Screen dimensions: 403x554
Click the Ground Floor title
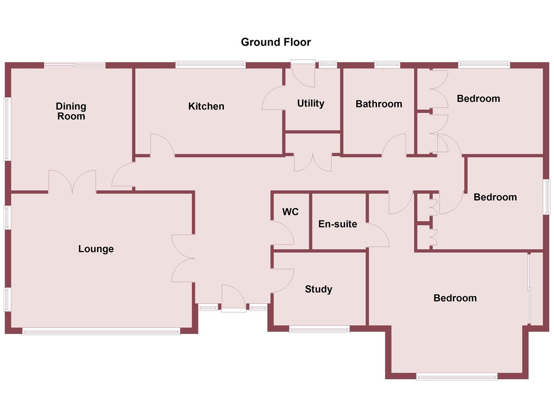coord(276,42)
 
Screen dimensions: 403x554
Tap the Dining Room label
coord(71,111)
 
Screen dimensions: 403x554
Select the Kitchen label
coord(206,106)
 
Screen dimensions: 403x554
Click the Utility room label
coord(310,103)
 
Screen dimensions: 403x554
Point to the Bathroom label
coord(379,104)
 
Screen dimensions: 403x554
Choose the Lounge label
coord(96,249)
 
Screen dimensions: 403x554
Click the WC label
coord(290,212)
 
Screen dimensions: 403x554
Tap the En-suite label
coord(338,224)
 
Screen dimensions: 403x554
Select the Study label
coord(318,289)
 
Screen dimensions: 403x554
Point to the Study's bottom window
coord(319,329)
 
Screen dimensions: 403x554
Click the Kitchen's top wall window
coord(210,65)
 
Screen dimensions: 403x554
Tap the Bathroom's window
coord(387,65)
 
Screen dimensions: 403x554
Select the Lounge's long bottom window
coord(101,331)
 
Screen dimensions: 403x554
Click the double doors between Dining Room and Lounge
coord(72,182)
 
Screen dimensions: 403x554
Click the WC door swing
coord(283,233)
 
